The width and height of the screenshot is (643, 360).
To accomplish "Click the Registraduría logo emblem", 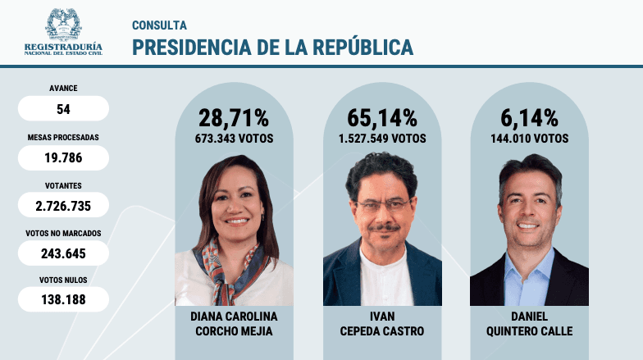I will pyautogui.click(x=63, y=25).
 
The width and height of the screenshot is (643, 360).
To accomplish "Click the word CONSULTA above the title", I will pyautogui.click(x=159, y=25).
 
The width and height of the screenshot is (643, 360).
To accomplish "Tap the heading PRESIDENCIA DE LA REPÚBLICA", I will pyautogui.click(x=272, y=48).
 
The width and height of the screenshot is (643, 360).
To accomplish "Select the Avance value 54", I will pyautogui.click(x=63, y=108).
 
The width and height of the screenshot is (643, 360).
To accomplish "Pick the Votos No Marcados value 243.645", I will pyautogui.click(x=63, y=253).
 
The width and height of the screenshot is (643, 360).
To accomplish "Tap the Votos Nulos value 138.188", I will pyautogui.click(x=63, y=300).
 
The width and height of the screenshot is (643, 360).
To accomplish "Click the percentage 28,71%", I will pyautogui.click(x=234, y=117).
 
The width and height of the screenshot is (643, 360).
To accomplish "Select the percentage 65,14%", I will pyautogui.click(x=382, y=117).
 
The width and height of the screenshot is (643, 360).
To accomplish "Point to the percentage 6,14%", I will pyautogui.click(x=529, y=117).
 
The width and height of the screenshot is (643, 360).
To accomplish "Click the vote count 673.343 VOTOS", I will pyautogui.click(x=234, y=139).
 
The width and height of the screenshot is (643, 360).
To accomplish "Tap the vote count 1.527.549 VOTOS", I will pyautogui.click(x=382, y=139).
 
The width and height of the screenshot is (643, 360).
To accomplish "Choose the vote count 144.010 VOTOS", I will pyautogui.click(x=529, y=139).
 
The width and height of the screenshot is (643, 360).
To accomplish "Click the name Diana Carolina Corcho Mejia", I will pyautogui.click(x=234, y=323).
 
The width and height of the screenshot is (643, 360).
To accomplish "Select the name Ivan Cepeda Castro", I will pyautogui.click(x=382, y=323).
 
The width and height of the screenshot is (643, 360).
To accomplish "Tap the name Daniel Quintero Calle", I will pyautogui.click(x=529, y=323).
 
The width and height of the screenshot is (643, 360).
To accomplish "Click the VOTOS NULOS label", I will pyautogui.click(x=63, y=280).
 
